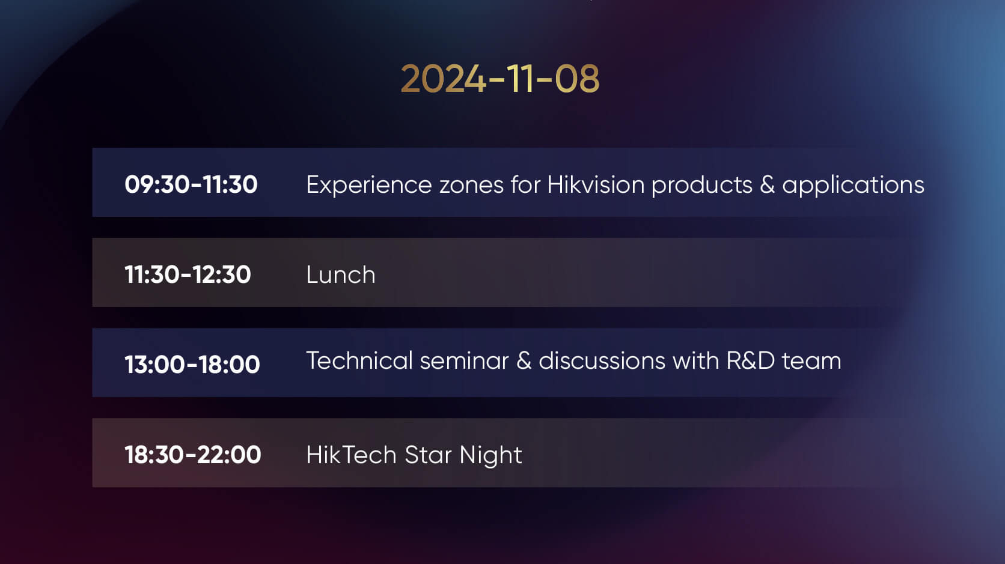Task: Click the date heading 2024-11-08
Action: click(x=500, y=79)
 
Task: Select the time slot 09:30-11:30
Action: click(x=191, y=184)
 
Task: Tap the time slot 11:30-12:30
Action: click(x=188, y=274)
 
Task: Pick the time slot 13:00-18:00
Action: click(x=192, y=364)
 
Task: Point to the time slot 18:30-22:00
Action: click(x=192, y=455)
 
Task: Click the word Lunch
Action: click(x=341, y=274)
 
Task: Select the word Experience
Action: click(x=369, y=186)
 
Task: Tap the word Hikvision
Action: click(x=596, y=184)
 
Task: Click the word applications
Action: click(x=854, y=186)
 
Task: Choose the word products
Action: click(x=701, y=186)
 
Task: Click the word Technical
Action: click(x=359, y=360)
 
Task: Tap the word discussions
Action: click(x=602, y=360)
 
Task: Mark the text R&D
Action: click(x=751, y=360)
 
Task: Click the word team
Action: click(x=811, y=362)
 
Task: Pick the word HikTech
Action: click(x=351, y=455)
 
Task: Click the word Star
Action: click(x=428, y=455)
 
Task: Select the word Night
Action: click(x=491, y=456)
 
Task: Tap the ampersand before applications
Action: click(x=767, y=185)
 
